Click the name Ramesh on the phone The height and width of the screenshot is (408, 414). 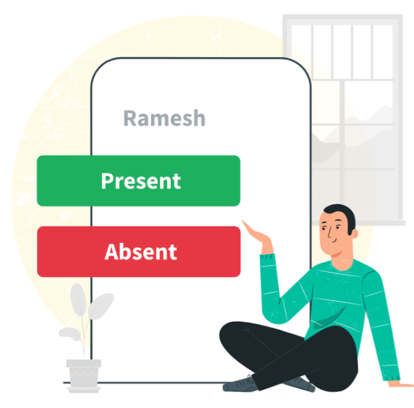coord(164,117)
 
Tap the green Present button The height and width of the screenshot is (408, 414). coord(138,181)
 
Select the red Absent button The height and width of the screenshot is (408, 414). coord(138,251)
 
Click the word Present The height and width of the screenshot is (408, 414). coord(141,181)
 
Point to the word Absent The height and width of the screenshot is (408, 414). coord(141,251)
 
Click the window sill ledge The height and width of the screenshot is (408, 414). coord(376,223)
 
